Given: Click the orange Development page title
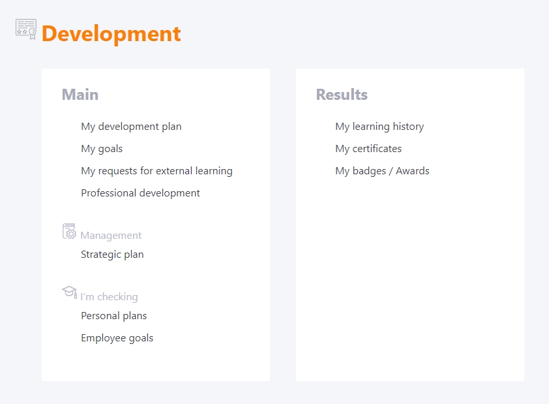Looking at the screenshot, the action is pos(111,35).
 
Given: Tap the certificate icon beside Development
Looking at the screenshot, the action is pos(26,29).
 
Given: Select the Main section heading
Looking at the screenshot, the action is pos(80,95).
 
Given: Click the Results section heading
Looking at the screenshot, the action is pos(342,95).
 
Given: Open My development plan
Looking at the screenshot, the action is pos(131,127).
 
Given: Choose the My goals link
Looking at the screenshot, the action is pos(102,149).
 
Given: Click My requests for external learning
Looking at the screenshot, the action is pos(157,171).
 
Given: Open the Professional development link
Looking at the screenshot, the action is pos(140,193).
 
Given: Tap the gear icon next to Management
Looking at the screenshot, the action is pos(69,231).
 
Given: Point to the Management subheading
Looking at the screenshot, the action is pos(111,236).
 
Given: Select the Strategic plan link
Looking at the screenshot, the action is pos(112,255).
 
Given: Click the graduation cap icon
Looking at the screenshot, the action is pos(69,292).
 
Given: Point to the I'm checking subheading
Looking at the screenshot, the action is pos(110,297).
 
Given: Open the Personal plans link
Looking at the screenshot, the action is pos(114,316).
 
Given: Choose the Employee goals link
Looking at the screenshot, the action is pos(117,338).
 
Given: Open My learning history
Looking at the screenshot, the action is pos(379,127).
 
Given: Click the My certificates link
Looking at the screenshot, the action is pos(368,149).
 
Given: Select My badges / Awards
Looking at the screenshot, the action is pos(382,171).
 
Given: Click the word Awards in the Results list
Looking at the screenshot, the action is pos(413,170).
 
